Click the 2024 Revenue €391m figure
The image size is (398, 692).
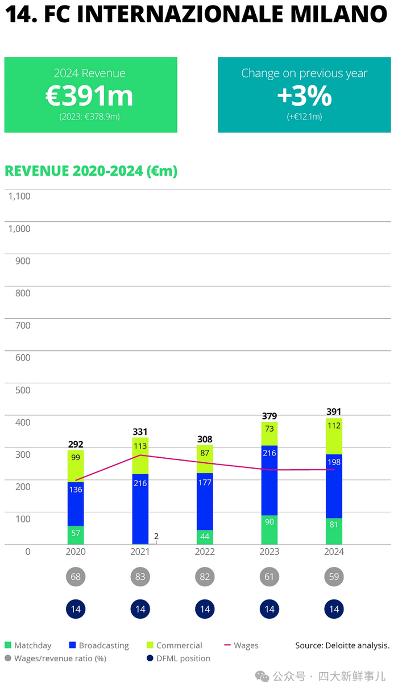[x=90, y=96]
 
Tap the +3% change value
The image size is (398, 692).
[x=304, y=96]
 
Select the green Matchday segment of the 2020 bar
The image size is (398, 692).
[x=76, y=534]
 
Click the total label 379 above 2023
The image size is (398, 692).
[x=269, y=416]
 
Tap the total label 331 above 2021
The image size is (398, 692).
[x=140, y=432]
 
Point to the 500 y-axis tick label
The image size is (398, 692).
[x=23, y=390]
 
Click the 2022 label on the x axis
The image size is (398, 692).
[x=205, y=552]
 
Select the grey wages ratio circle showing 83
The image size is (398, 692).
[x=140, y=577]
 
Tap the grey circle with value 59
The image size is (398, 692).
[x=334, y=577]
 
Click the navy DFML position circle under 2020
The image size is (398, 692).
[x=76, y=609]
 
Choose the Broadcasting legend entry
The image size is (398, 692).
[x=103, y=645]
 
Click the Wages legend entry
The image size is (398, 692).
[x=246, y=645]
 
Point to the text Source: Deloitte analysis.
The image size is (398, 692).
[x=342, y=645]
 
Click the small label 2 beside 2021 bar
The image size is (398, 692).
[x=156, y=536]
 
